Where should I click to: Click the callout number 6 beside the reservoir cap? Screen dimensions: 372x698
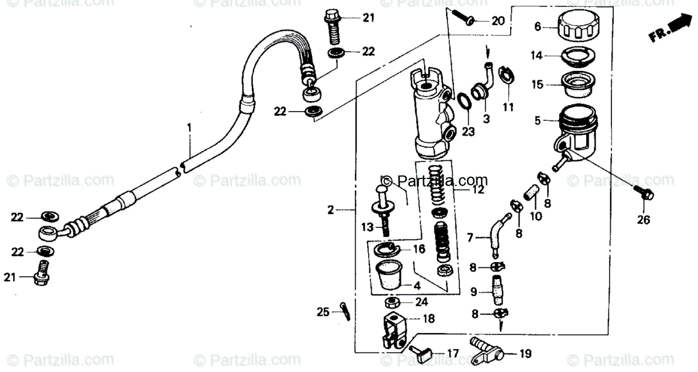537,26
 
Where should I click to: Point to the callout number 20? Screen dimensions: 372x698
498,22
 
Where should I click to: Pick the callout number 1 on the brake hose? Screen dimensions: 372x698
188,127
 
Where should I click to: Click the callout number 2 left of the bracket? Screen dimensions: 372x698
330,210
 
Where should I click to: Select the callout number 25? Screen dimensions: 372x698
323,312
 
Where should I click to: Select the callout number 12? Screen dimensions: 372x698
478,189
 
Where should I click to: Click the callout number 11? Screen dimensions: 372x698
509,107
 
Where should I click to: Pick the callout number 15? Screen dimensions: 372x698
537,85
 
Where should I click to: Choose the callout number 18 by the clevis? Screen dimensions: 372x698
428,319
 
